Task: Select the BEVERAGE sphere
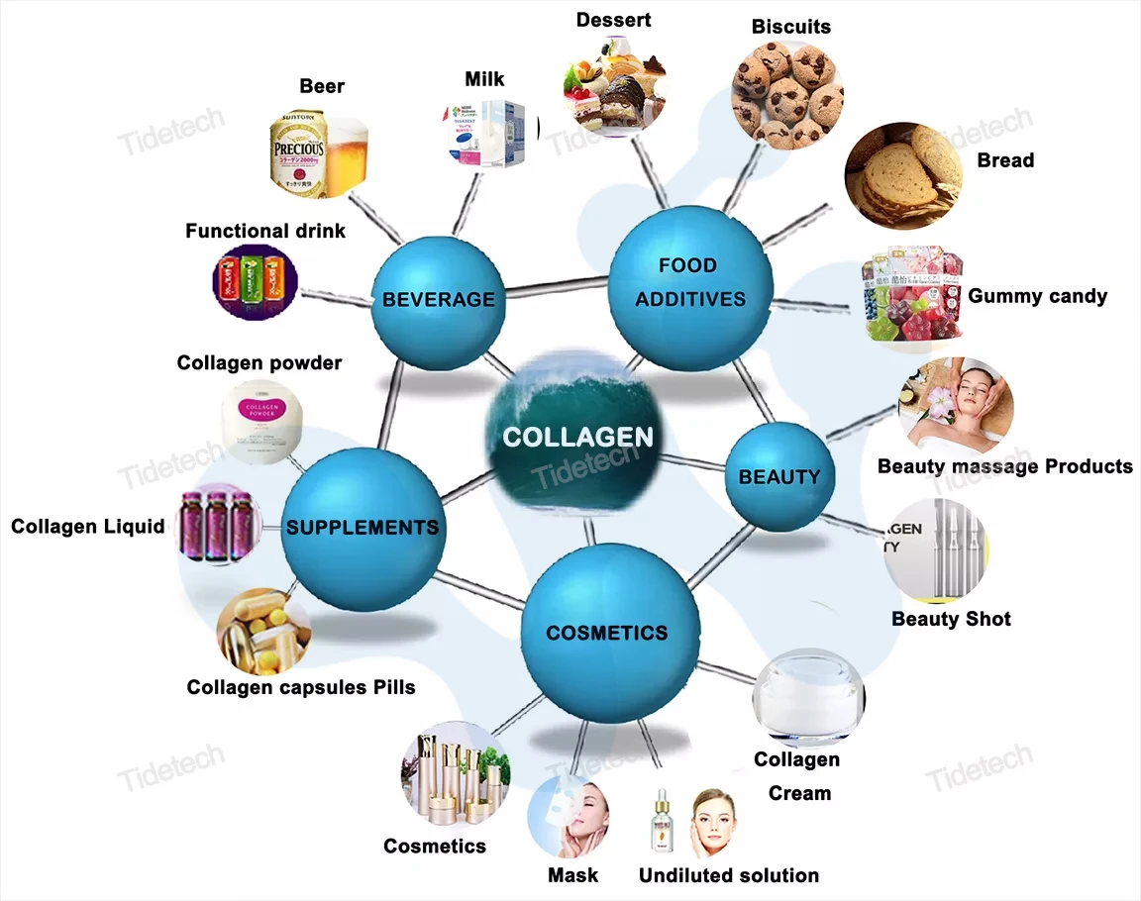437,298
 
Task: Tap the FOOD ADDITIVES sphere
689,282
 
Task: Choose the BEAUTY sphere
780,476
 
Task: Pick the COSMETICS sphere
608,632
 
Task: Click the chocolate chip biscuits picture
787,94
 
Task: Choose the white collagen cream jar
810,697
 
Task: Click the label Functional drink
265,231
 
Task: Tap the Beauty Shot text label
951,619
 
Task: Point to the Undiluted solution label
728,875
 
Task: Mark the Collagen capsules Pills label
301,686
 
